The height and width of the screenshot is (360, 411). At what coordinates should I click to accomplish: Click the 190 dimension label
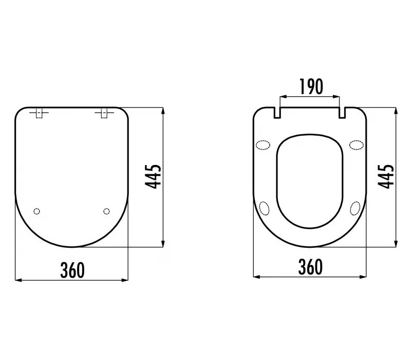[311, 86]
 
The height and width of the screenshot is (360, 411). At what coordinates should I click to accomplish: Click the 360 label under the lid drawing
[72, 271]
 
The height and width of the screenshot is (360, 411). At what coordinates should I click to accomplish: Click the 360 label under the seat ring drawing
[311, 267]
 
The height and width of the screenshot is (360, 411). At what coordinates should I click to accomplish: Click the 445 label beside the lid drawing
[153, 176]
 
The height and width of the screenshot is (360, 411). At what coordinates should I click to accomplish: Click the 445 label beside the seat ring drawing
[386, 176]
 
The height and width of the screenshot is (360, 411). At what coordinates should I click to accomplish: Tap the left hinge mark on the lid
[39, 113]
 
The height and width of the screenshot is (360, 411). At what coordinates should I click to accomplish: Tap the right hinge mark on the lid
[104, 113]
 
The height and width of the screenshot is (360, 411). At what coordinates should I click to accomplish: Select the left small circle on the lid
[37, 211]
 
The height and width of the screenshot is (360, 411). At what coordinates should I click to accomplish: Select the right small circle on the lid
[106, 211]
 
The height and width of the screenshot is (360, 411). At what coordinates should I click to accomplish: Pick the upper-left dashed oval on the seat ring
[263, 145]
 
